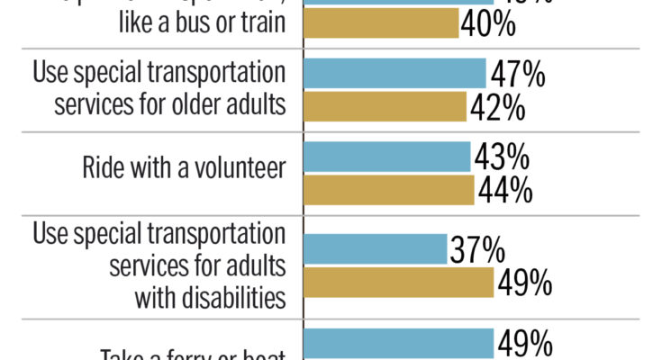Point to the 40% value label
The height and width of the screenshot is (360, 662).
(487, 23)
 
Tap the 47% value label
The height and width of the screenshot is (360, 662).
(517, 74)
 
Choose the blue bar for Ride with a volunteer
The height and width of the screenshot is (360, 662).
(388, 157)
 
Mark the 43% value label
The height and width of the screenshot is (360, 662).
(502, 157)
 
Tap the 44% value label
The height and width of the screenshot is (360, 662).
(505, 191)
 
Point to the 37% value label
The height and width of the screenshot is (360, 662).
(478, 248)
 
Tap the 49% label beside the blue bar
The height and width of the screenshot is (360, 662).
(524, 343)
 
